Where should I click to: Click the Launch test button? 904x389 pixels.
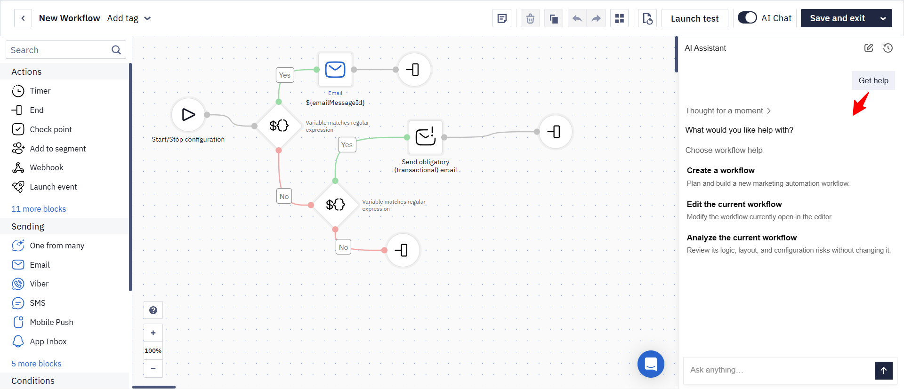(694, 18)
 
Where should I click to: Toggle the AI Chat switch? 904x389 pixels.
(747, 18)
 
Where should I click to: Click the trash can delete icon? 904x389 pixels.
(530, 18)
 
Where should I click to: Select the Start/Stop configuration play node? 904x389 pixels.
(188, 114)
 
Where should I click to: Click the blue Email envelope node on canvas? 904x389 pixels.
(335, 70)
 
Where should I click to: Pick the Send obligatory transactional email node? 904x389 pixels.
(426, 137)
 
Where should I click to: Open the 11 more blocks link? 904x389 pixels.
(39, 209)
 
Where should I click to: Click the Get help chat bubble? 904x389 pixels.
(873, 80)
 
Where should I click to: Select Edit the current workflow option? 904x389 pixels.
(734, 204)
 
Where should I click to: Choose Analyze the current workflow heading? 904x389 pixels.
(742, 238)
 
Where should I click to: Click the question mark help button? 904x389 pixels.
(153, 310)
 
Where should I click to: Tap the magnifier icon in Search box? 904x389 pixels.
(116, 50)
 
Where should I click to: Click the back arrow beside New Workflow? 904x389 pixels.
(23, 18)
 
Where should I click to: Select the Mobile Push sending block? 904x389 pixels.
(42, 322)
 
